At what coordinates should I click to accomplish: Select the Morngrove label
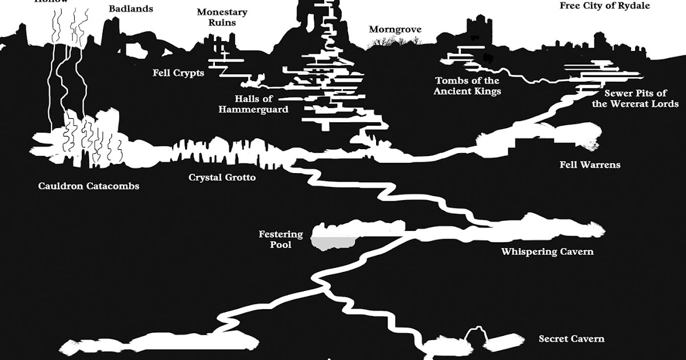click(395, 29)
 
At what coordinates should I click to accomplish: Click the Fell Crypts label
click(178, 73)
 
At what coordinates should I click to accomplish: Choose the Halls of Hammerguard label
click(253, 104)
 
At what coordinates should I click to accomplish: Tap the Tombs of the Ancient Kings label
click(467, 86)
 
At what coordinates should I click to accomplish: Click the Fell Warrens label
click(589, 165)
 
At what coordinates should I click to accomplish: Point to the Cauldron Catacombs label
click(89, 186)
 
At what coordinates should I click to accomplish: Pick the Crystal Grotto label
click(222, 178)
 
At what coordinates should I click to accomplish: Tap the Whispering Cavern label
click(547, 251)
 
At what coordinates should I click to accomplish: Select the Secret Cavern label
click(571, 339)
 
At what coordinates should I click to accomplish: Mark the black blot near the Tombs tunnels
click(487, 57)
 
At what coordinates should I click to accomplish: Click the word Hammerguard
click(253, 109)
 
